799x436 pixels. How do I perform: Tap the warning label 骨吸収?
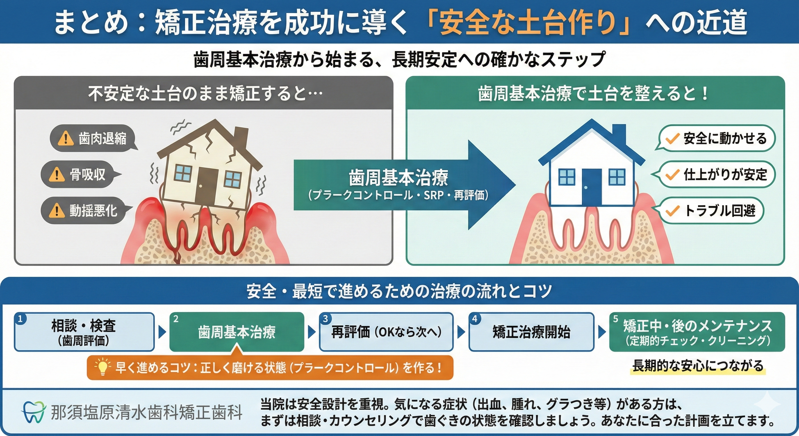[81, 175]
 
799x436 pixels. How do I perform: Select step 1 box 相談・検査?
[84, 332]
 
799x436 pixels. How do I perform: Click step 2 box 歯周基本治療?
[237, 332]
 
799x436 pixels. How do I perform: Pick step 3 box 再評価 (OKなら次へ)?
[386, 332]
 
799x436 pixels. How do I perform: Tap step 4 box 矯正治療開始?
[531, 332]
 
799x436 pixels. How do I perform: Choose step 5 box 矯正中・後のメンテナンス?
[697, 332]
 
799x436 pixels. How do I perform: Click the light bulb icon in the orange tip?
[102, 367]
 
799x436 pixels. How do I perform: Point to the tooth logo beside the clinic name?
[33, 412]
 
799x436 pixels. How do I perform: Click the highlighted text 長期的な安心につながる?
[698, 366]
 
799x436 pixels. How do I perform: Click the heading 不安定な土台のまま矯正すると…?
[205, 93]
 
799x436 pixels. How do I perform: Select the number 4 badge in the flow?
[475, 318]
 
